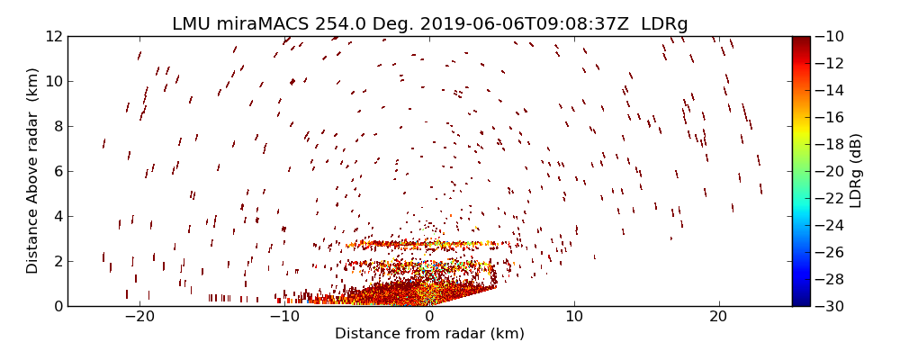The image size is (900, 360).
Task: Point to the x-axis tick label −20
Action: tap(139, 317)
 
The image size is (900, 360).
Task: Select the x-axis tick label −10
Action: tap(284, 317)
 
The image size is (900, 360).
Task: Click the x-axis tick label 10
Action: tap(574, 317)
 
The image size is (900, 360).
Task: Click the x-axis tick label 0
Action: tap(429, 317)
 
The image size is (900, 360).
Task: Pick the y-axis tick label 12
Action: tap(53, 36)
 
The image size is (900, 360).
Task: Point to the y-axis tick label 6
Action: tap(57, 171)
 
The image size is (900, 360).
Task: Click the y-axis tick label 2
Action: tap(57, 261)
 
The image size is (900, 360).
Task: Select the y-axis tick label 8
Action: tap(57, 126)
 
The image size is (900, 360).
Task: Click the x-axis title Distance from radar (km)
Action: tap(429, 334)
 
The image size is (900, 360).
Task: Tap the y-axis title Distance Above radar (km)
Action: tap(32, 170)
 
